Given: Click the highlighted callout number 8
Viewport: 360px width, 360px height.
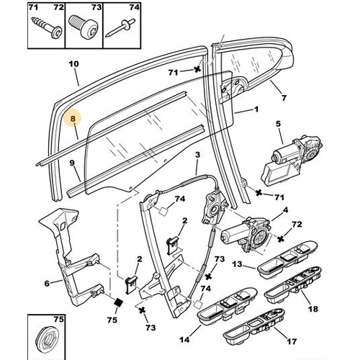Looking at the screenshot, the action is coord(73,119).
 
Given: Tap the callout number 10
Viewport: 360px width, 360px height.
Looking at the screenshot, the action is coord(73,64).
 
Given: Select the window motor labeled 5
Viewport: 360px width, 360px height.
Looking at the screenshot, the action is coord(292,160).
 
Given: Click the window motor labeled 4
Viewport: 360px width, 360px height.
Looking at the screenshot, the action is coord(246,235).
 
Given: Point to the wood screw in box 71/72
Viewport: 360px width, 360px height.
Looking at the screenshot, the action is coord(47,27).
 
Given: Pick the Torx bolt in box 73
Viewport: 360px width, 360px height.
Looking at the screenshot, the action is coord(84,26).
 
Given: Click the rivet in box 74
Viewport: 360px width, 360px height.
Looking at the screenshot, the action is coord(120,28).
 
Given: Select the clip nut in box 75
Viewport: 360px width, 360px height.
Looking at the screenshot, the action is coord(47,341).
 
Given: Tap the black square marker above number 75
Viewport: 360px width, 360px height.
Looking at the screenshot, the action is coord(119,302).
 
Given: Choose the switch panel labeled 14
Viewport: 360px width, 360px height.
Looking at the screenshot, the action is coord(227,306).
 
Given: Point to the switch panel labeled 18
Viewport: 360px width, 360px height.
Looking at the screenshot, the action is coord(293,285).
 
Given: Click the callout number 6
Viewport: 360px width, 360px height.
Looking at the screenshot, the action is coord(47,284).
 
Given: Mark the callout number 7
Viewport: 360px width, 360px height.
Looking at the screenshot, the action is coord(284,98).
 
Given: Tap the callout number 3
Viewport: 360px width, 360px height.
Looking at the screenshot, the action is coord(197,155).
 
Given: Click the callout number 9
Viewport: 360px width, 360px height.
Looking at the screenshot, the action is coord(72,163).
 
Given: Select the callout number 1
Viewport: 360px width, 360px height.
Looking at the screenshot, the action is coord(256,109).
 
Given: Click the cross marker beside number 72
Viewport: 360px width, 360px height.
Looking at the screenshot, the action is coord(280,239).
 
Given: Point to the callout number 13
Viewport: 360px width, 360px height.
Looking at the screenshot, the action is coord(238,264).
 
